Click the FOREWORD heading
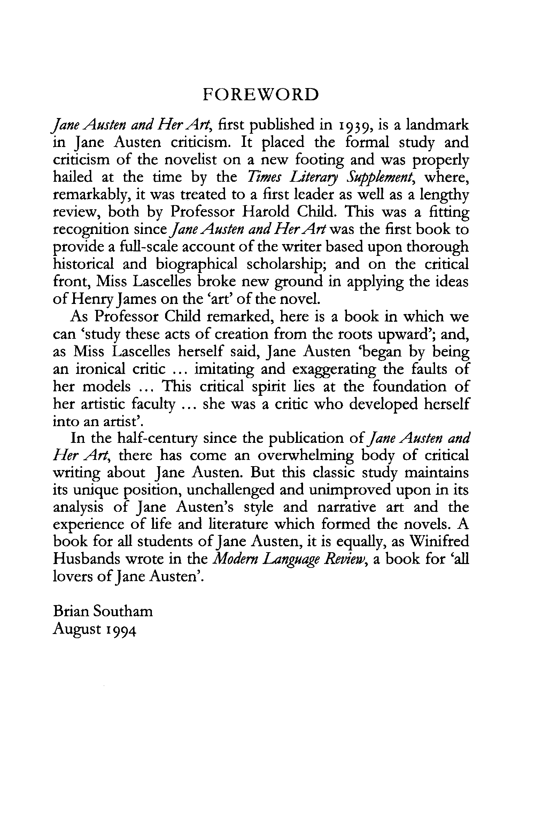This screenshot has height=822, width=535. point(261,94)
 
